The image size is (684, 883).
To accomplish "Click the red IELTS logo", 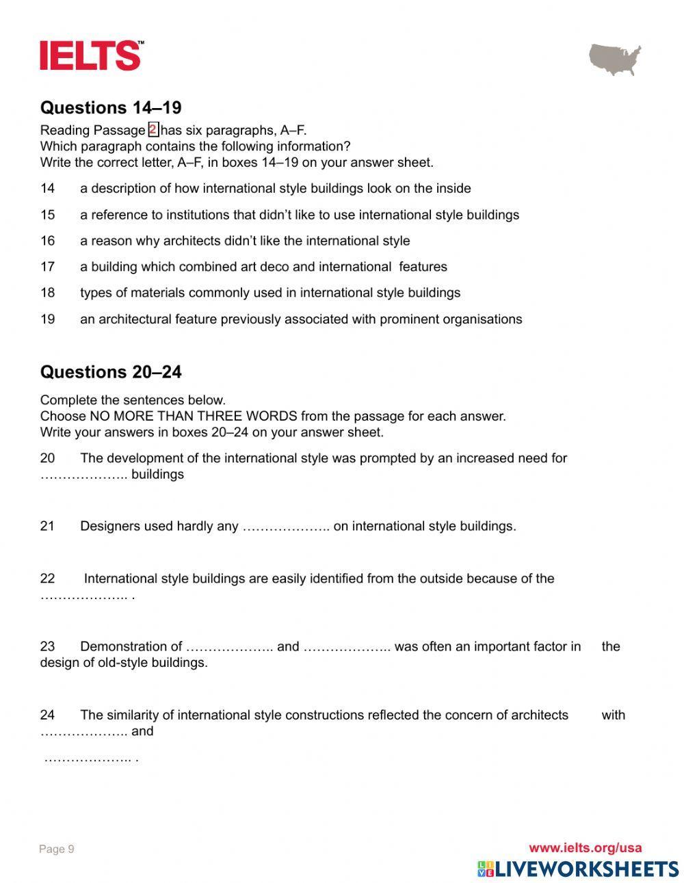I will tap(92, 55).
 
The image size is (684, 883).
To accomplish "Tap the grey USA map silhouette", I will tap(615, 60).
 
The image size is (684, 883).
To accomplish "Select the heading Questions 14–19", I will tap(110, 107).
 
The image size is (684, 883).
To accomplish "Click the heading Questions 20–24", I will tap(110, 372).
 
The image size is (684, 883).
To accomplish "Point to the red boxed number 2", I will tap(153, 130).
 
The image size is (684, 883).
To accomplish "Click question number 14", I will tap(47, 189).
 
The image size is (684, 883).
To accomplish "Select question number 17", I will tap(47, 267).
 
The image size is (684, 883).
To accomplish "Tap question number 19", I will tap(47, 319).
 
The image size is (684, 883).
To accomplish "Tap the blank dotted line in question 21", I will tap(286, 527).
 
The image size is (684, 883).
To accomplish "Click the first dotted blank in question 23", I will tap(229, 647).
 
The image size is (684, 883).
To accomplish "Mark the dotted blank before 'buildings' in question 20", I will tap(83, 475).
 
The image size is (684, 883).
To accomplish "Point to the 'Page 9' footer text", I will tap(57, 849).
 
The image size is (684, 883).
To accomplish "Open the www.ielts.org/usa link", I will tap(585, 848).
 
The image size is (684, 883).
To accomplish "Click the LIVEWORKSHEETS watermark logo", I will tap(578, 869).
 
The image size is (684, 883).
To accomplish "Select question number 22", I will tap(47, 579).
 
